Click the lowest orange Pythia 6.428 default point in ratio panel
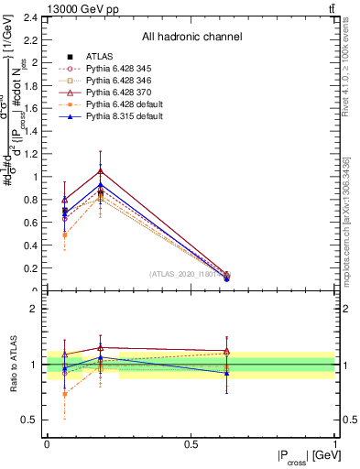click(x=64, y=394)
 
